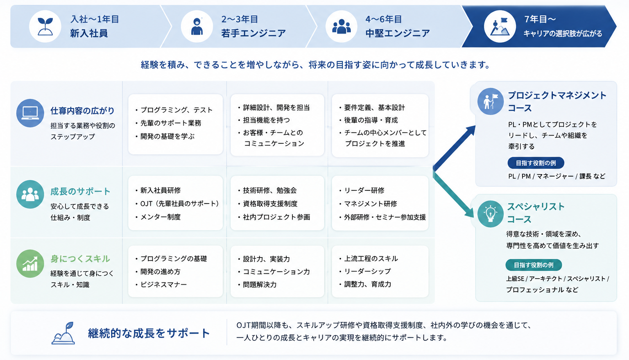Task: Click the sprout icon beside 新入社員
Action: coord(45,26)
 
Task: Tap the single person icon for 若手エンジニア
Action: coord(197,26)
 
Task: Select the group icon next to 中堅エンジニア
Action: coord(342,26)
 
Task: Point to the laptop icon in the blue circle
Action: coord(30,113)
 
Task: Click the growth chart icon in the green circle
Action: coord(30,264)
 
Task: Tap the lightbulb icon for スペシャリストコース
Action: coord(490,214)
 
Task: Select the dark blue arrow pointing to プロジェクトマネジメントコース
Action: coord(454,148)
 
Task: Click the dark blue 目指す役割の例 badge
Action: coord(536,163)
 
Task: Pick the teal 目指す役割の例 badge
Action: coord(534,265)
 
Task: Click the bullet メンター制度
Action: coord(158,217)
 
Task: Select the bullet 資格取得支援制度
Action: coord(267,204)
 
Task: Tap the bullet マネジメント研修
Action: coord(368,204)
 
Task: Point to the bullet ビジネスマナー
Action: coord(161,285)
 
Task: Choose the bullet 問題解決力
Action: coord(257,285)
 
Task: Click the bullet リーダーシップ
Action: coord(365,271)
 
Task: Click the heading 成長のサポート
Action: coord(80,192)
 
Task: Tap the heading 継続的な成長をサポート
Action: coord(149,333)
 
